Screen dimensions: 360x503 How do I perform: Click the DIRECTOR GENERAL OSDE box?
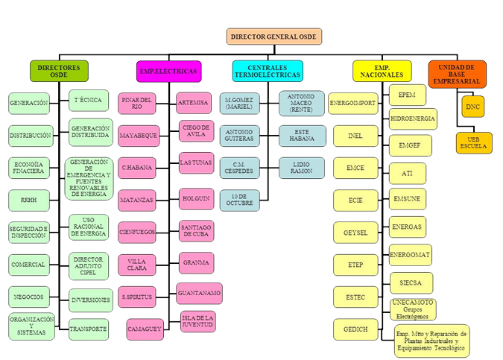point(270,37)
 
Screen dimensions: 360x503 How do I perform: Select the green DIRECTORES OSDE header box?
point(59,71)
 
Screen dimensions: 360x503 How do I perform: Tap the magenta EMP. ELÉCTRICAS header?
point(168,71)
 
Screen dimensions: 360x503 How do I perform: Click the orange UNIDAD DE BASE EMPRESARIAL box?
point(458,74)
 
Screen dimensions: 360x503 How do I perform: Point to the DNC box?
point(473,107)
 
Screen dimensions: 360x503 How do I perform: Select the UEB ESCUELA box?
point(473,142)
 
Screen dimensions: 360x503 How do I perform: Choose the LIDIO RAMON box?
point(301,167)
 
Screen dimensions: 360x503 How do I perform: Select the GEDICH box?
point(354,329)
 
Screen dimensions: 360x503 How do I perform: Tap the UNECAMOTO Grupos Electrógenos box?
point(412,309)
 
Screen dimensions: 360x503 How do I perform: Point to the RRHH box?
point(28,200)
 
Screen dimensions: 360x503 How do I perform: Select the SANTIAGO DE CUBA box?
point(197,231)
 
